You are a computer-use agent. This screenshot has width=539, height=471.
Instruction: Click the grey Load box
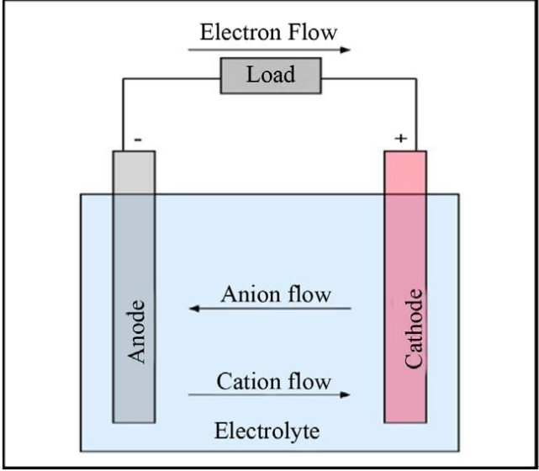pos(271,76)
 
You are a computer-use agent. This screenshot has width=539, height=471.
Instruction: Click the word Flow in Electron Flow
pos(312,33)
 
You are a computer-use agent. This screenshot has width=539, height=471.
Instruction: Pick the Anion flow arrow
pos(269,310)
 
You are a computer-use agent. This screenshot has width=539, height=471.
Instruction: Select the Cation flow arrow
pos(269,394)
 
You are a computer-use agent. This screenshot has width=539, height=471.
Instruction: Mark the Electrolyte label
pos(267,432)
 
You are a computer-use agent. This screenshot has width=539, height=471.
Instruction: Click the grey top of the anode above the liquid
pos(134,172)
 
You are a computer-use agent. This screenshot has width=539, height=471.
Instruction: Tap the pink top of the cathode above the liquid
pos(404,172)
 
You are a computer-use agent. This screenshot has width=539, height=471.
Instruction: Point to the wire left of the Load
pos(168,79)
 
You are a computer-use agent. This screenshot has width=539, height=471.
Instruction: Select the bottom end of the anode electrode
pos(134,415)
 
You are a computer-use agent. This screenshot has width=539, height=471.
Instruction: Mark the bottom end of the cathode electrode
pos(404,415)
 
